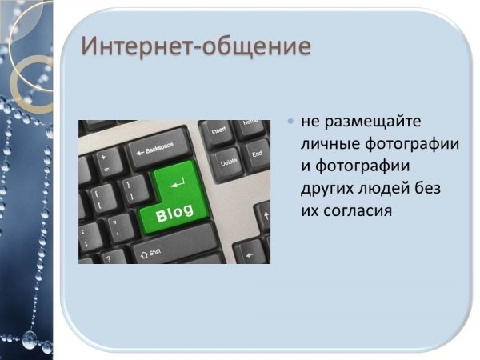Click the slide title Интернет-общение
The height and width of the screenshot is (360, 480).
coord(196,46)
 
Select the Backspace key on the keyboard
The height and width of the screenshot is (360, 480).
coord(160,149)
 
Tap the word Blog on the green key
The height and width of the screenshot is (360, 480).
coord(174,213)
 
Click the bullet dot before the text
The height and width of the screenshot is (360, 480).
coord(290,122)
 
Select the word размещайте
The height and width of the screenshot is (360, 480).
coord(373,122)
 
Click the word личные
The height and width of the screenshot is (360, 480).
coord(330,144)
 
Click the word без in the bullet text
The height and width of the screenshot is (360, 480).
coord(428,187)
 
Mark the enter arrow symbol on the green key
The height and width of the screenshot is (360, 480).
coord(178,182)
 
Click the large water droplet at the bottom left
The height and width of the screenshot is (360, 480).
coord(30,339)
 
